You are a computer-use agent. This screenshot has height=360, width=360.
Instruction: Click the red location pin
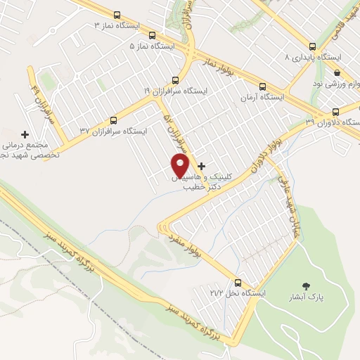(181, 166)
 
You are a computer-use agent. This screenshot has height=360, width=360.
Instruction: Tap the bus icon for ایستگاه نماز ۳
(117, 15)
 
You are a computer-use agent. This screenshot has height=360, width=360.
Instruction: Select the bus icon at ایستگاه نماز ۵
(153, 36)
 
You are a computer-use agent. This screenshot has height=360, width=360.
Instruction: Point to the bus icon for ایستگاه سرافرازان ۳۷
(114, 120)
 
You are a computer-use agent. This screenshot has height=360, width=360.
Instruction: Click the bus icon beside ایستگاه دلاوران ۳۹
(335, 111)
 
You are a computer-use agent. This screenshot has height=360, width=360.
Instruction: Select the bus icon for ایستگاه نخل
(239, 282)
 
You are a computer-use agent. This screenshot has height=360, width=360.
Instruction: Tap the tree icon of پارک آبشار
(305, 285)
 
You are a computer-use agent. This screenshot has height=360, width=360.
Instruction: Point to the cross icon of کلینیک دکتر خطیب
(202, 167)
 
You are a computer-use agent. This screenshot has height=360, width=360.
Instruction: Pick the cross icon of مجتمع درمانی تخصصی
(26, 134)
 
